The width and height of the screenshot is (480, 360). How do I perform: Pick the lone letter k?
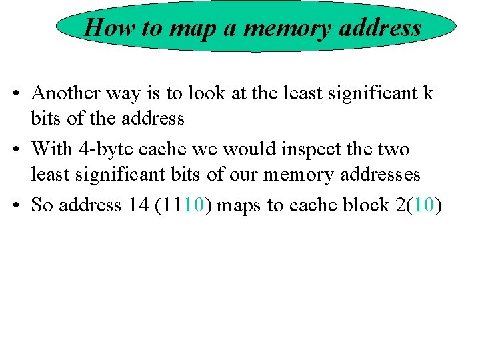point(427,93)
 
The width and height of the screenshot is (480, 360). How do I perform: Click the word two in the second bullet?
point(393,149)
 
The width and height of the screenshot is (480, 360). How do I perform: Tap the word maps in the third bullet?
point(239,205)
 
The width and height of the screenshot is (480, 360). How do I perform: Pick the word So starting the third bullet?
point(42,205)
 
